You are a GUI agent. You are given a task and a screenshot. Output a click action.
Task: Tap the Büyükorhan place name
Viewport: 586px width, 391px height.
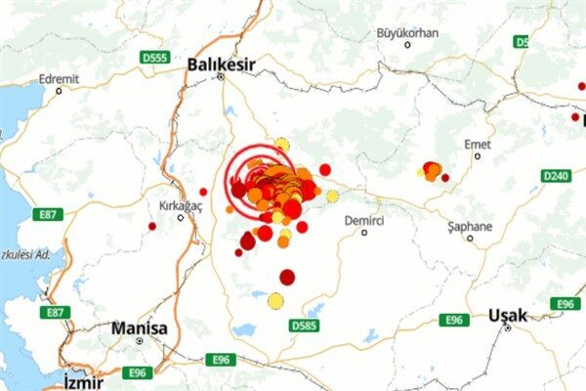(407, 32)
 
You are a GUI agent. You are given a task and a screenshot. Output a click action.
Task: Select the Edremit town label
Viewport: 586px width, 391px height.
(59, 78)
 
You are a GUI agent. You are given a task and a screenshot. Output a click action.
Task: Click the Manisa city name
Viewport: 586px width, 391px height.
(139, 327)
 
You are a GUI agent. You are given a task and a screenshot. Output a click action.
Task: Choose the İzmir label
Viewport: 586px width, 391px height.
(83, 381)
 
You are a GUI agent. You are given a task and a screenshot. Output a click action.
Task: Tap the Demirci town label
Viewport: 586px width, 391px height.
(364, 221)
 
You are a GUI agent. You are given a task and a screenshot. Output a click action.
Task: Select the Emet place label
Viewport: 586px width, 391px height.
(477, 144)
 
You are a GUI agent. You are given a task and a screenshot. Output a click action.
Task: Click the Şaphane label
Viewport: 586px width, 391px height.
(470, 226)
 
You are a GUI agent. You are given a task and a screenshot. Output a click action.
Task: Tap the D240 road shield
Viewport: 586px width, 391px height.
(555, 176)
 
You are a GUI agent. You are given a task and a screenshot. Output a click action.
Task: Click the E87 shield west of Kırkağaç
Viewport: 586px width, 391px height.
(47, 213)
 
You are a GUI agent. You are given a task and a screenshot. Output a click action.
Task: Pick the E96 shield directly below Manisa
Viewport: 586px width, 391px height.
(139, 372)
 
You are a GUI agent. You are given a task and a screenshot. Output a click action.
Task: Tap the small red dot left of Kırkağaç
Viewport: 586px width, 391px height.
(151, 226)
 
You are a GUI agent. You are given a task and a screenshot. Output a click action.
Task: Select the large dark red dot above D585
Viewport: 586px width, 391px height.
(287, 277)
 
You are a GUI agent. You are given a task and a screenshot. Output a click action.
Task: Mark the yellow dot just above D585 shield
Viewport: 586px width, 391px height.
(276, 301)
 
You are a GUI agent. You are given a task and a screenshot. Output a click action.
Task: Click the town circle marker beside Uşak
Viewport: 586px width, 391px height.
(508, 328)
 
